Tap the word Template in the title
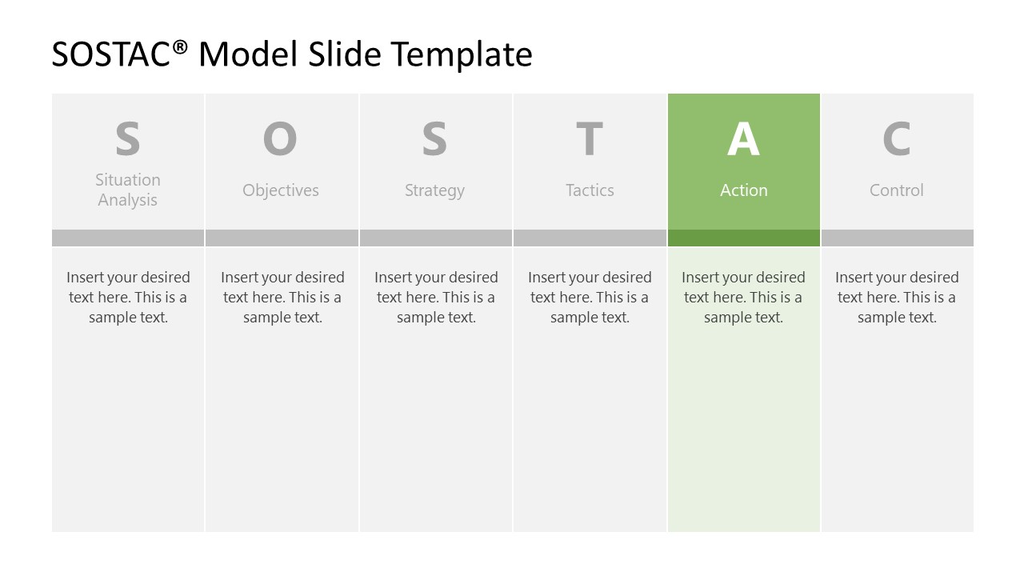tap(462, 54)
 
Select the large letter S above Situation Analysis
tap(128, 138)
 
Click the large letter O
tap(280, 138)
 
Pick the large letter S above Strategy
tap(434, 138)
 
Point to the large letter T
tap(590, 138)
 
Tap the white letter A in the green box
tap(743, 138)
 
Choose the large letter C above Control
tap(897, 138)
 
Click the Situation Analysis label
tap(128, 190)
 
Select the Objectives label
tap(281, 190)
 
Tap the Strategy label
tap(434, 190)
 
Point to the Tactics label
tap(590, 190)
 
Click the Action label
tap(743, 190)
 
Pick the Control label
tap(897, 190)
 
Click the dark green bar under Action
tap(743, 238)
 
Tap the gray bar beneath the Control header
tap(897, 238)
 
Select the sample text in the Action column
tap(743, 297)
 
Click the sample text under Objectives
tap(282, 297)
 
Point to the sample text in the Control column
tap(897, 297)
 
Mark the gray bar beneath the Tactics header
tap(590, 238)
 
